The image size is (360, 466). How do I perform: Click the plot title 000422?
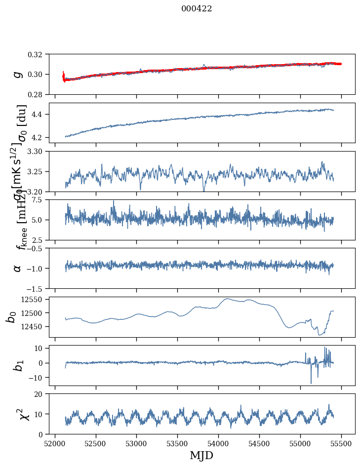[x=197, y=8]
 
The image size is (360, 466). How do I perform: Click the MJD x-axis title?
[x=201, y=455]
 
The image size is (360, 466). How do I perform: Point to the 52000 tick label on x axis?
[x=55, y=443]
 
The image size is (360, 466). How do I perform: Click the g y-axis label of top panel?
[x=18, y=74]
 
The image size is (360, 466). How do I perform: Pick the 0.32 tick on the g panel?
[x=39, y=54]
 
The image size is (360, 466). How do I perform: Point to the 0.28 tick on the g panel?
[x=39, y=94]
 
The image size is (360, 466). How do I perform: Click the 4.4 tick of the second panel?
[x=41, y=115]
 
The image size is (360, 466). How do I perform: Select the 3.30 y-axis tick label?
[x=39, y=151]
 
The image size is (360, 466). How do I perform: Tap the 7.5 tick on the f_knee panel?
[x=41, y=199]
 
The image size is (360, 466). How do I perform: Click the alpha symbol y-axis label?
[x=18, y=268]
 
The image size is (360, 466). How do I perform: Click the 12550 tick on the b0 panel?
[x=35, y=299]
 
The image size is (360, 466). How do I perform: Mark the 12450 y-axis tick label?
[x=35, y=326]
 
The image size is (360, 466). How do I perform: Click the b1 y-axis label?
[x=18, y=365]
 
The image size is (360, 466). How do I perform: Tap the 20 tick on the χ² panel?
[x=41, y=394]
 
